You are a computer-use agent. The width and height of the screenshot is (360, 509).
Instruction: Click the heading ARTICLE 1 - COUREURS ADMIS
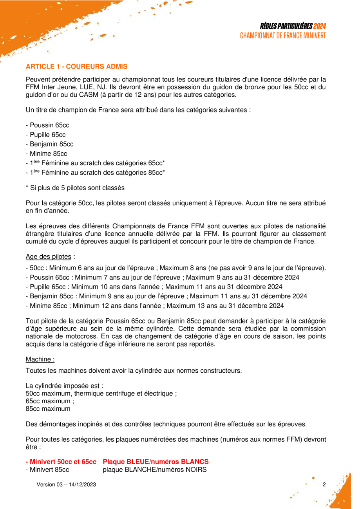(76, 67)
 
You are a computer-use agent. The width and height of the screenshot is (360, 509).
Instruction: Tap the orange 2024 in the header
(320, 26)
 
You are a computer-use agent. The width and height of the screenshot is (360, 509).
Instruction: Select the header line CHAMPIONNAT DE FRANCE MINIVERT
(283, 36)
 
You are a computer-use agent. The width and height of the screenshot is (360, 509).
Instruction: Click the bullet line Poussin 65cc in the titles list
(47, 125)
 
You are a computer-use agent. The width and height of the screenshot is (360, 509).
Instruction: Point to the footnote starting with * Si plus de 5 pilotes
(75, 188)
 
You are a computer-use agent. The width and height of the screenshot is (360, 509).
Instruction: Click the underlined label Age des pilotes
(49, 257)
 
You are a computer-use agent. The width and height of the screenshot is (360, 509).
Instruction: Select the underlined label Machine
(40, 359)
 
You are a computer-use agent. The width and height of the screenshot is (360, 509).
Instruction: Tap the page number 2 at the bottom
(324, 485)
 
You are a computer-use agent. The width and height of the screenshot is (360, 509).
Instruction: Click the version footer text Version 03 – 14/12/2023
(66, 485)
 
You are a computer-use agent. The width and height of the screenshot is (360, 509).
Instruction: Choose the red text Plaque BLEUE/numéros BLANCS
(156, 462)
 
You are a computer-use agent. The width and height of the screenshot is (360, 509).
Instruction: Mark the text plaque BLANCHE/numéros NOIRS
(154, 469)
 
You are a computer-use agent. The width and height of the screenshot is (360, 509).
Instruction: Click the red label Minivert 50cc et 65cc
(61, 462)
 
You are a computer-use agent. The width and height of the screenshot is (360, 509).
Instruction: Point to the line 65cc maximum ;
(50, 401)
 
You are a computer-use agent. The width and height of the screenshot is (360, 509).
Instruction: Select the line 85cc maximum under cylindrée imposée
(48, 408)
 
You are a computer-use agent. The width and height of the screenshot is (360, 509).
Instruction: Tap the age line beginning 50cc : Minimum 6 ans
(175, 268)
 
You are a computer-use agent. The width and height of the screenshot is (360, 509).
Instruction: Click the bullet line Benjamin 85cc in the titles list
(49, 144)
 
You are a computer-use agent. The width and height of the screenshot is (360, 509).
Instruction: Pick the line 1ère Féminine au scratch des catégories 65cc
(95, 163)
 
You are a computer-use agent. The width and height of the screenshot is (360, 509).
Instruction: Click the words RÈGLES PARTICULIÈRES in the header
(286, 26)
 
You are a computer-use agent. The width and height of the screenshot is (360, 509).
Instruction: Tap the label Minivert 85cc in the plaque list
(47, 469)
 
